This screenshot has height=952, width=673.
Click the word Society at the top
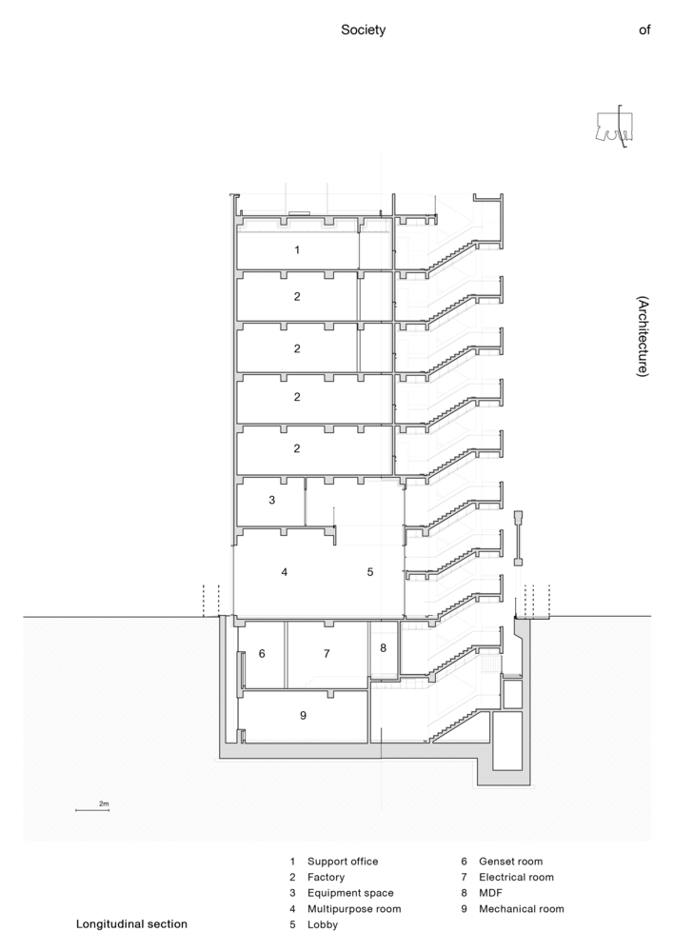tap(363, 30)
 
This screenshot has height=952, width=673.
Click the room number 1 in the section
tap(297, 249)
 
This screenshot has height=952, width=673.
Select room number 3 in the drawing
tap(272, 501)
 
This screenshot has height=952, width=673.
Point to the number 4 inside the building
tap(284, 572)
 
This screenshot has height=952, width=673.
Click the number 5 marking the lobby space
tap(370, 572)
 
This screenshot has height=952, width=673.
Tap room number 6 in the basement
tap(262, 653)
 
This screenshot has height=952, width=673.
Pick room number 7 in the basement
tap(327, 653)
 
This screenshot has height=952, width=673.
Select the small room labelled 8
tap(383, 647)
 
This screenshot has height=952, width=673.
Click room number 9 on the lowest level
tap(304, 715)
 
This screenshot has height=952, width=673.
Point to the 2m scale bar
tap(91, 810)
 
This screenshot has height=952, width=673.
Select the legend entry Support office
tap(343, 862)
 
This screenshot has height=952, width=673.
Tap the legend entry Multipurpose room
tap(354, 909)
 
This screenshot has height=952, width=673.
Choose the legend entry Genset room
tap(510, 862)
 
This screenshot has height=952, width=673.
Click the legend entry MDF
tap(490, 893)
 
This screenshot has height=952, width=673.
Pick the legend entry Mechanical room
tap(522, 909)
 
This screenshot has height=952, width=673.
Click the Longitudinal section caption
tap(131, 924)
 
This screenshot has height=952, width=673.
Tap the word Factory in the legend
tap(326, 878)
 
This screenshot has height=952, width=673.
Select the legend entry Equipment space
tap(350, 893)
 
